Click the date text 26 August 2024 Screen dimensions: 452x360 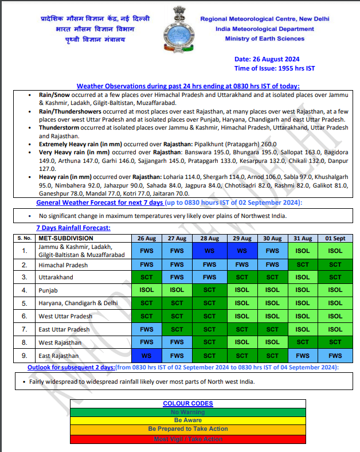coord(267,59)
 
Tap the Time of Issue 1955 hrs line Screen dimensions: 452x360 coord(275,68)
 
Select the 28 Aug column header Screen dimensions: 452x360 coord(209,238)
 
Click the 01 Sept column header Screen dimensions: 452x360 coord(335,238)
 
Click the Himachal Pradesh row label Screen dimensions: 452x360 coord(63,265)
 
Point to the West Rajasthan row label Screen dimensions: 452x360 coord(60,342)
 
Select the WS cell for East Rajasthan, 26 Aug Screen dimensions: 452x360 coord(146,356)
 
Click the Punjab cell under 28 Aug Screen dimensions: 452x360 coord(209,290)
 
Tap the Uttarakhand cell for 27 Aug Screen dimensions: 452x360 coord(177,277)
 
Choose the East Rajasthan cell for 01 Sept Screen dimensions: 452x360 coord(335,356)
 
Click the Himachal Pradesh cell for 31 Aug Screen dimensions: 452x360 coord(303,265)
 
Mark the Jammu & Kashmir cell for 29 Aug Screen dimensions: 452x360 coord(241,251)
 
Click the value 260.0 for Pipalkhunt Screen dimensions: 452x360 coord(268,144)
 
